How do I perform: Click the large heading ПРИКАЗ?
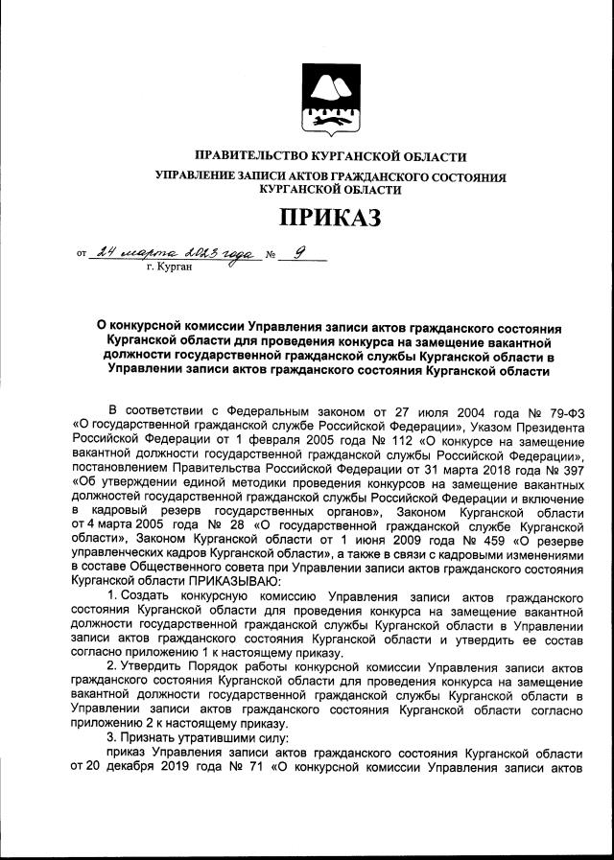(330, 218)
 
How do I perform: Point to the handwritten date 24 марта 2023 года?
(178, 253)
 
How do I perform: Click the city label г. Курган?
(169, 267)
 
